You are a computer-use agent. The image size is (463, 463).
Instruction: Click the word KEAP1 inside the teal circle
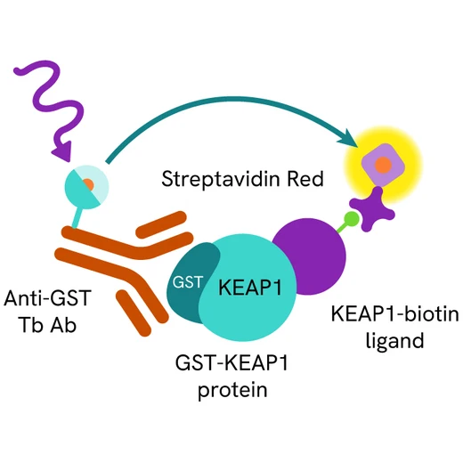click(243, 288)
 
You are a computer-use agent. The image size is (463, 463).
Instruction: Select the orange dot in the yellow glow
click(381, 165)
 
